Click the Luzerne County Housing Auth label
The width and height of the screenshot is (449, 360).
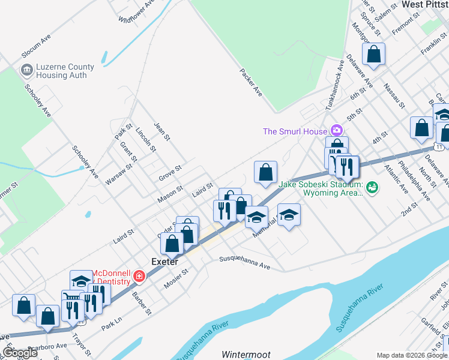click(x=57, y=71)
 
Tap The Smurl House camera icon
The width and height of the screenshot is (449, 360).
click(x=336, y=130)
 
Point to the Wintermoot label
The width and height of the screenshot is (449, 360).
click(x=247, y=355)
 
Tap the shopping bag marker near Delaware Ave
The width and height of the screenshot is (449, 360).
click(x=373, y=55)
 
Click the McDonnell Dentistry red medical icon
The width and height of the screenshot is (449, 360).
click(x=139, y=276)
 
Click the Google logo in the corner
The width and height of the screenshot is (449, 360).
click(x=19, y=352)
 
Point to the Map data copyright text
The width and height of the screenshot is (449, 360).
click(x=412, y=355)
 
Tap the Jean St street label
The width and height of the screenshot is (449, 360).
click(x=163, y=131)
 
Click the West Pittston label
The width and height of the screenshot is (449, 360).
click(x=424, y=4)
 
